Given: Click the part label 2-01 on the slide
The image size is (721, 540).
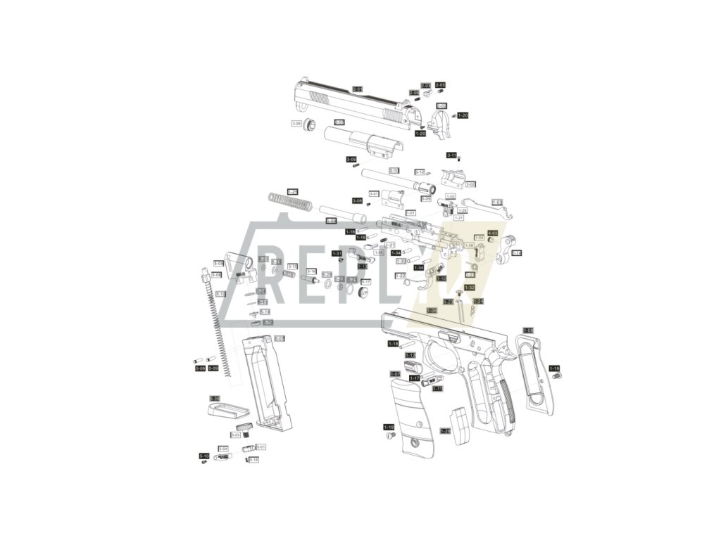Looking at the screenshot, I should pyautogui.click(x=357, y=89).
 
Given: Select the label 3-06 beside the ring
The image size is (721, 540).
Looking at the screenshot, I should pyautogui.click(x=296, y=124).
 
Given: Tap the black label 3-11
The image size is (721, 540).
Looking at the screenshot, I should pyautogui.click(x=452, y=155).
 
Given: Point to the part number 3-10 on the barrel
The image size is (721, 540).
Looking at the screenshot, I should pyautogui.click(x=394, y=170).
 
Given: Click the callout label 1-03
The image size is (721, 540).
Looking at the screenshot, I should pyautogui.click(x=497, y=202).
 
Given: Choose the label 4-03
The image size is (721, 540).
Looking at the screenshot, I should pyautogui.click(x=493, y=233).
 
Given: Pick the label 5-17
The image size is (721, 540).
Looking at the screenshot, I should pyautogui.click(x=365, y=281).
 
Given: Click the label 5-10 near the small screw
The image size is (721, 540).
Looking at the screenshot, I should pyautogui.click(x=204, y=456).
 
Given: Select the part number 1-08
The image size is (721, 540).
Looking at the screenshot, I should pyautogui.click(x=528, y=330).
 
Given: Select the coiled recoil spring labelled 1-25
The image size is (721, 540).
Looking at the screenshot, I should pyautogui.click(x=290, y=200).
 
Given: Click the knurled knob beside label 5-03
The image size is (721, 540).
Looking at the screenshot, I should pyautogui.click(x=244, y=427).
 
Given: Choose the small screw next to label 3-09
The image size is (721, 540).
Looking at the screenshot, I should pyautogui.click(x=356, y=166).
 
